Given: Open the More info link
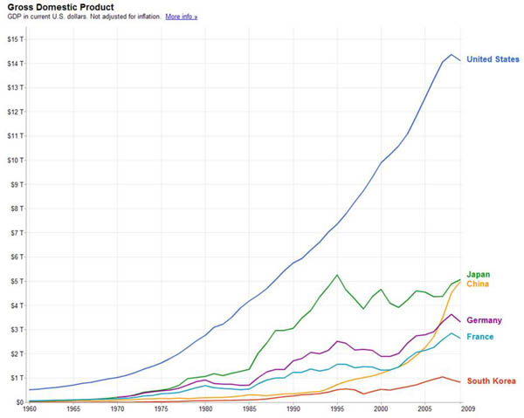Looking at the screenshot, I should [182, 17].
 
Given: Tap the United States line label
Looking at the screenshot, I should [493, 59].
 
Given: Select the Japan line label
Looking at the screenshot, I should [478, 274].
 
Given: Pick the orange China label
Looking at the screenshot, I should [477, 284].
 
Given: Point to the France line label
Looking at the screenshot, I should [479, 337].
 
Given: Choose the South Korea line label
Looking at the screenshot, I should [491, 380].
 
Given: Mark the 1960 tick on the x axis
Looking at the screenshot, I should [31, 409].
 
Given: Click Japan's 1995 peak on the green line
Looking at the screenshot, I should [336, 275].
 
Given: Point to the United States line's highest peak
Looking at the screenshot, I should [451, 55].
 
